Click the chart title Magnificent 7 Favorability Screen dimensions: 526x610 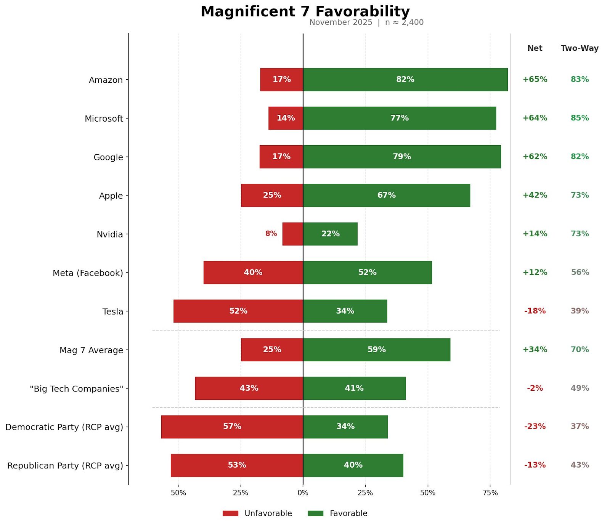point(305,11)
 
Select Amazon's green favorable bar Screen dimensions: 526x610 point(405,80)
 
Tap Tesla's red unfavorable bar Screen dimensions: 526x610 point(238,311)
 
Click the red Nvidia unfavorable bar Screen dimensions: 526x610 point(293,234)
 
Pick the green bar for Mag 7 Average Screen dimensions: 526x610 point(377,350)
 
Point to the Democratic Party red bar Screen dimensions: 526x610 point(232,427)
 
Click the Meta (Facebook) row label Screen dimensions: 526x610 point(88,273)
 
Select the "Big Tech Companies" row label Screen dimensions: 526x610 point(76,389)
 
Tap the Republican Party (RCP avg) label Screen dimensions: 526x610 point(65,466)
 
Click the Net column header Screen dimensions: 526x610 point(535,48)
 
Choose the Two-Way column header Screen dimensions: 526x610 point(579,48)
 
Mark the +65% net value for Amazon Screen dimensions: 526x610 point(535,79)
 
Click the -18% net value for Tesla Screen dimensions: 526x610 point(535,311)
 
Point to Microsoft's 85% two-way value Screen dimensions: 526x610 point(579,118)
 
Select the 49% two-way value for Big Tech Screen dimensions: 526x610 point(579,388)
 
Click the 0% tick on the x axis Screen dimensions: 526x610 point(303,492)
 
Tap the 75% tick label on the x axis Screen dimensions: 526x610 point(490,492)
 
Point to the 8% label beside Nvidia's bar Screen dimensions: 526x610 point(271,234)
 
